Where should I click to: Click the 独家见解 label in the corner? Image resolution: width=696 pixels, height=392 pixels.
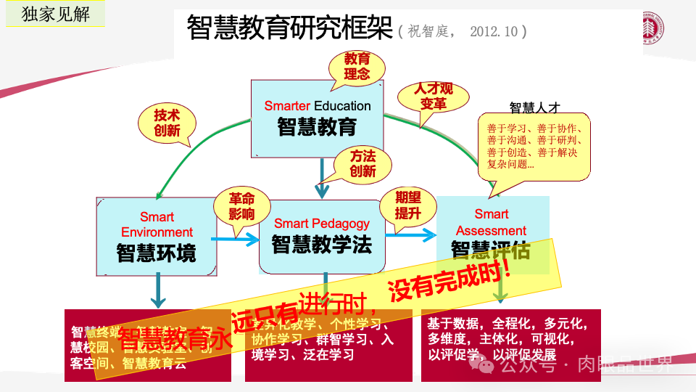(55, 14)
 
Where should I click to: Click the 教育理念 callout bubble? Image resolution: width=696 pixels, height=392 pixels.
(357, 66)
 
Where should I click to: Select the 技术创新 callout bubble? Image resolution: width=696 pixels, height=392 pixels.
(167, 123)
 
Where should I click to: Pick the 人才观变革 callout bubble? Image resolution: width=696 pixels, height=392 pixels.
(434, 97)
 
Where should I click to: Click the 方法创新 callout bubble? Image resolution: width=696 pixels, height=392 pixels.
(362, 164)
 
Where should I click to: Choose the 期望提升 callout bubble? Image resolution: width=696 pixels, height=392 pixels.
(407, 205)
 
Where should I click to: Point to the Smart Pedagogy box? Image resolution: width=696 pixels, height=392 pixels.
(321, 235)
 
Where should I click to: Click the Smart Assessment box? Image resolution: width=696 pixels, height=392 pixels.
(492, 226)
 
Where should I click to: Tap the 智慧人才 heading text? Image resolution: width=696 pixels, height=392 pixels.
(535, 107)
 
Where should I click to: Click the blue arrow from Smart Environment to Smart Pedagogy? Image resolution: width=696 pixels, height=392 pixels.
(238, 237)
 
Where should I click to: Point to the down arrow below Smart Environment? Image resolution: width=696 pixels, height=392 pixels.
(156, 291)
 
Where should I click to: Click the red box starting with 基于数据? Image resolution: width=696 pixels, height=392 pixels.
(510, 345)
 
